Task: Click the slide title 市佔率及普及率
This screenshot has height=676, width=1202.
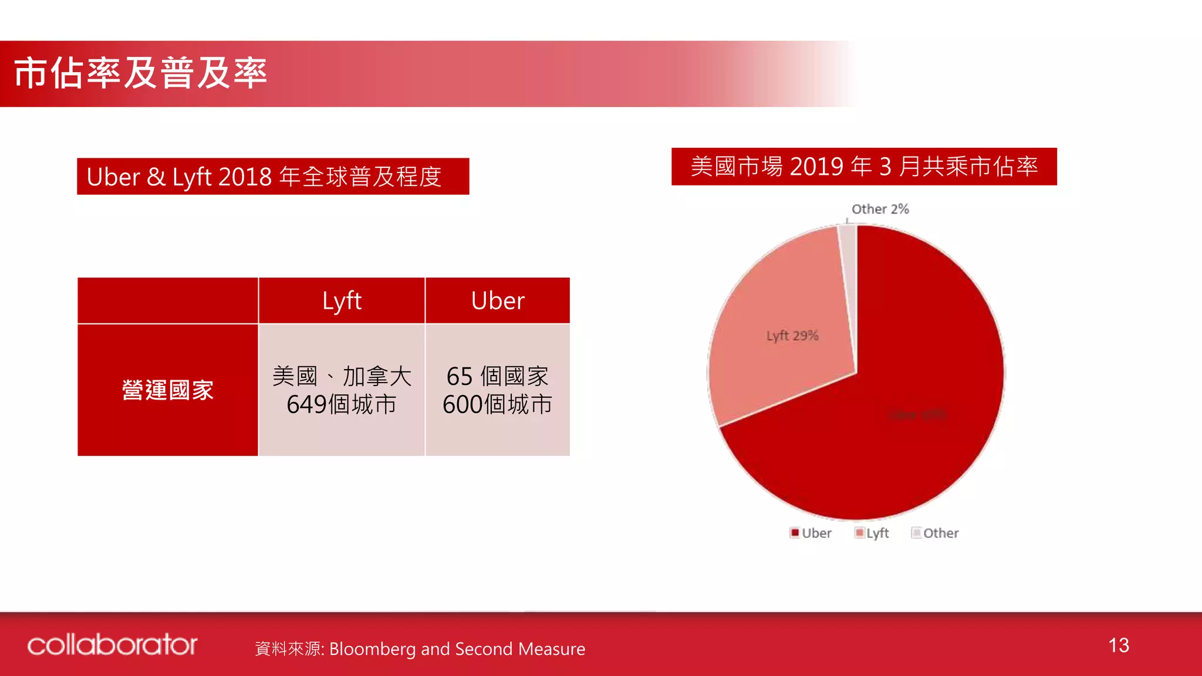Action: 141,74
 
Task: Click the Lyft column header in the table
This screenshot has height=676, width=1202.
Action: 342,301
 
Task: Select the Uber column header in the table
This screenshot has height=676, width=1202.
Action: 497,301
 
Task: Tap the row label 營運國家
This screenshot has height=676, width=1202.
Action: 168,390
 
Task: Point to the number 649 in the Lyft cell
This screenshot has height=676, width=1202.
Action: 306,405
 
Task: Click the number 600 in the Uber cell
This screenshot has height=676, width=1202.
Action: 462,405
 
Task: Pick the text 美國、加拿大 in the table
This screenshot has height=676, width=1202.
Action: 342,376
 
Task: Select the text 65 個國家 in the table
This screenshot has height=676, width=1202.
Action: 497,376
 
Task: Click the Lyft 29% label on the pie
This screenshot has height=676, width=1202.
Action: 792,336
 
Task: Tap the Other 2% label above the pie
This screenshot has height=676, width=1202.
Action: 880,209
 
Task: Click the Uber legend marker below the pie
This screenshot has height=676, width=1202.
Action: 795,533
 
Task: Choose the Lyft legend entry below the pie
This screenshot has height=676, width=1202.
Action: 872,533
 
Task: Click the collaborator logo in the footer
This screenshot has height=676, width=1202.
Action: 112,645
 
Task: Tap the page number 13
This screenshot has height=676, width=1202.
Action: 1119,645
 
